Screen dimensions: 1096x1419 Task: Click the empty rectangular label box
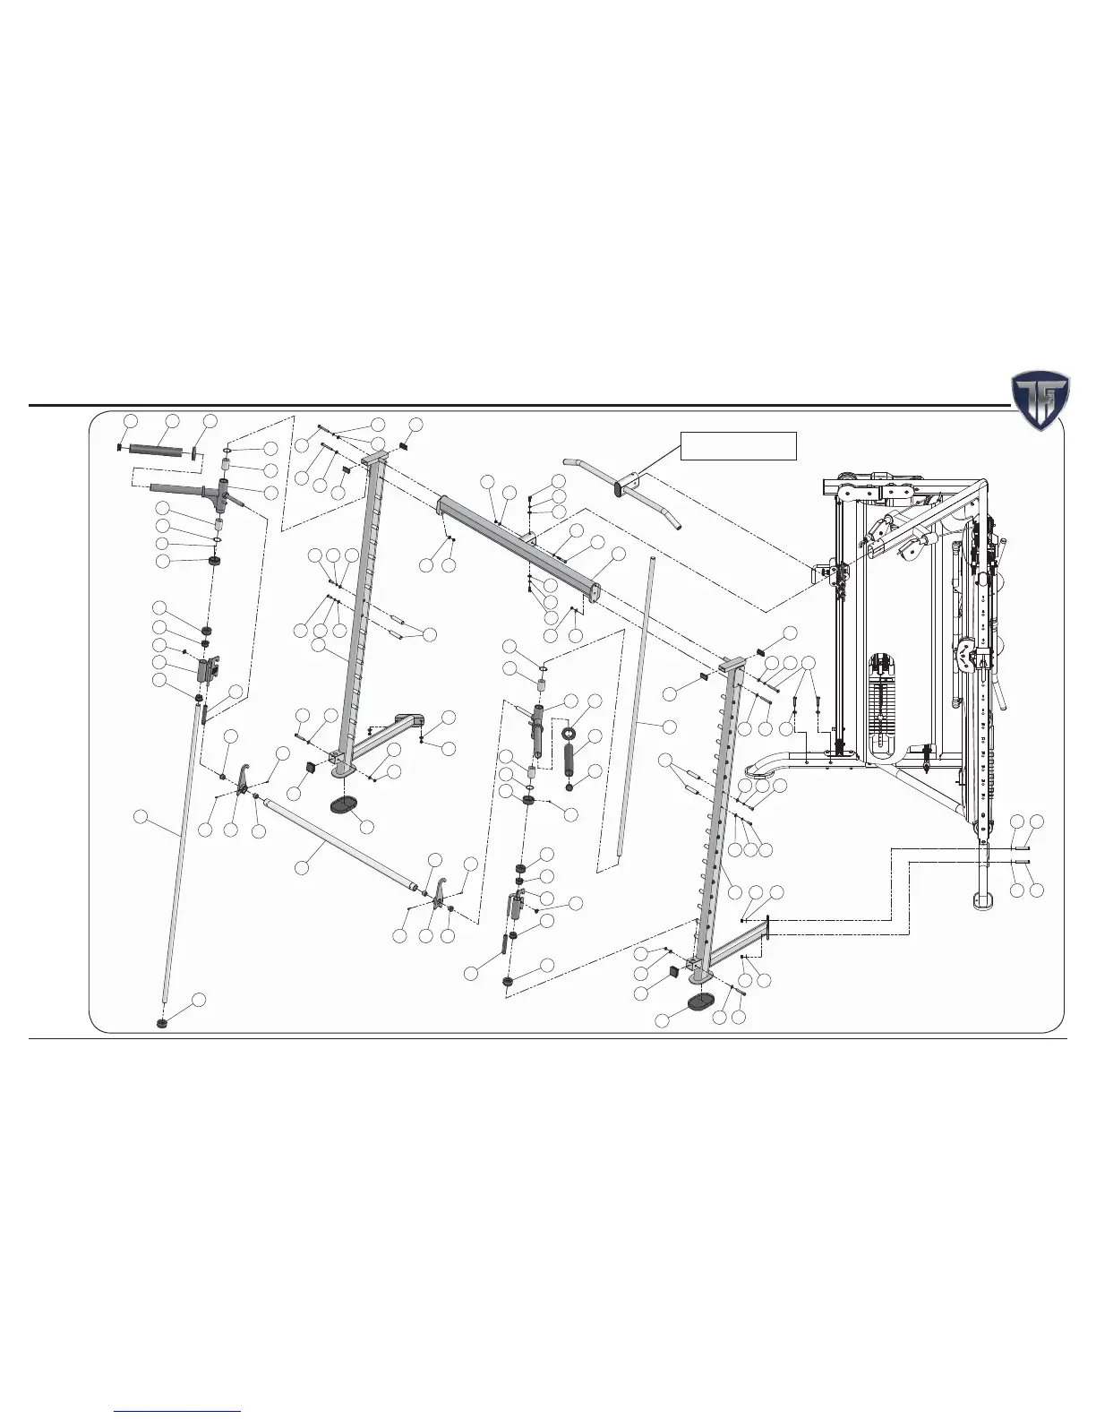(739, 445)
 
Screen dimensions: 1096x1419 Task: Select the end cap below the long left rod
(162, 1022)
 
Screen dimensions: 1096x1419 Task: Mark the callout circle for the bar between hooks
(303, 867)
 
